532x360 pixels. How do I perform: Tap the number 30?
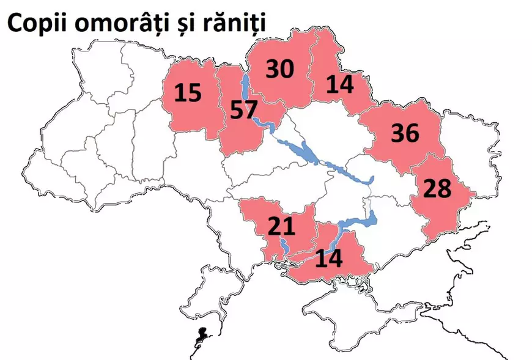pos(280,69)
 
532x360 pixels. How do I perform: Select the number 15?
pos(188,93)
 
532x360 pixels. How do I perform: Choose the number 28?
pos(437,188)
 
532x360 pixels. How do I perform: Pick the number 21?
pos(281,227)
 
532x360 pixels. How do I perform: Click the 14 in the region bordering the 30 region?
pos(340,84)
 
